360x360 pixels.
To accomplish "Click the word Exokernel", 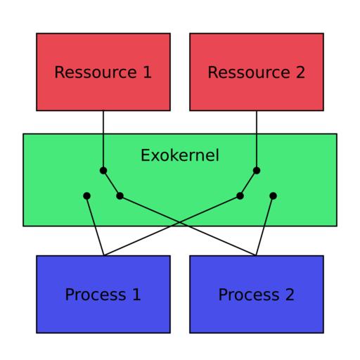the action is coord(180,155).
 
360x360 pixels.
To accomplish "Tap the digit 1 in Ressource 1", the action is coord(147,72).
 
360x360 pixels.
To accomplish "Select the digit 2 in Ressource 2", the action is coord(300,72).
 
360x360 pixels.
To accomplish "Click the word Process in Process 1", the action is coord(96,295).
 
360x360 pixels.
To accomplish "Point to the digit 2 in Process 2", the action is coord(290,295).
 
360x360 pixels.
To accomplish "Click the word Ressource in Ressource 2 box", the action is coord(249,72).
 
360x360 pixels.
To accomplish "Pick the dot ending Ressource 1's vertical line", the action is coord(103,170).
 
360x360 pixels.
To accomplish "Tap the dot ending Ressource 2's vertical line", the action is coord(257,170).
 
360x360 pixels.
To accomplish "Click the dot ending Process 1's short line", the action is coord(86,195).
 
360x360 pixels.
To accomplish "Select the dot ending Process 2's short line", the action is coord(273,195).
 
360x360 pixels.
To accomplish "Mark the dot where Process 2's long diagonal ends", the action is coord(120,195).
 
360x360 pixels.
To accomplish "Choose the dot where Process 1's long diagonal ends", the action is coord(240,195).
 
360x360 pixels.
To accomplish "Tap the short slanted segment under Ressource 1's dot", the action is coord(112,183).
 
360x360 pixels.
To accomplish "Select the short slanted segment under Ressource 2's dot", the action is coord(248,183).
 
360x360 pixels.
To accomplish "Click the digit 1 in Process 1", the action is coord(136,295).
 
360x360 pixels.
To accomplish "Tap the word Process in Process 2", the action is coord(249,295).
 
